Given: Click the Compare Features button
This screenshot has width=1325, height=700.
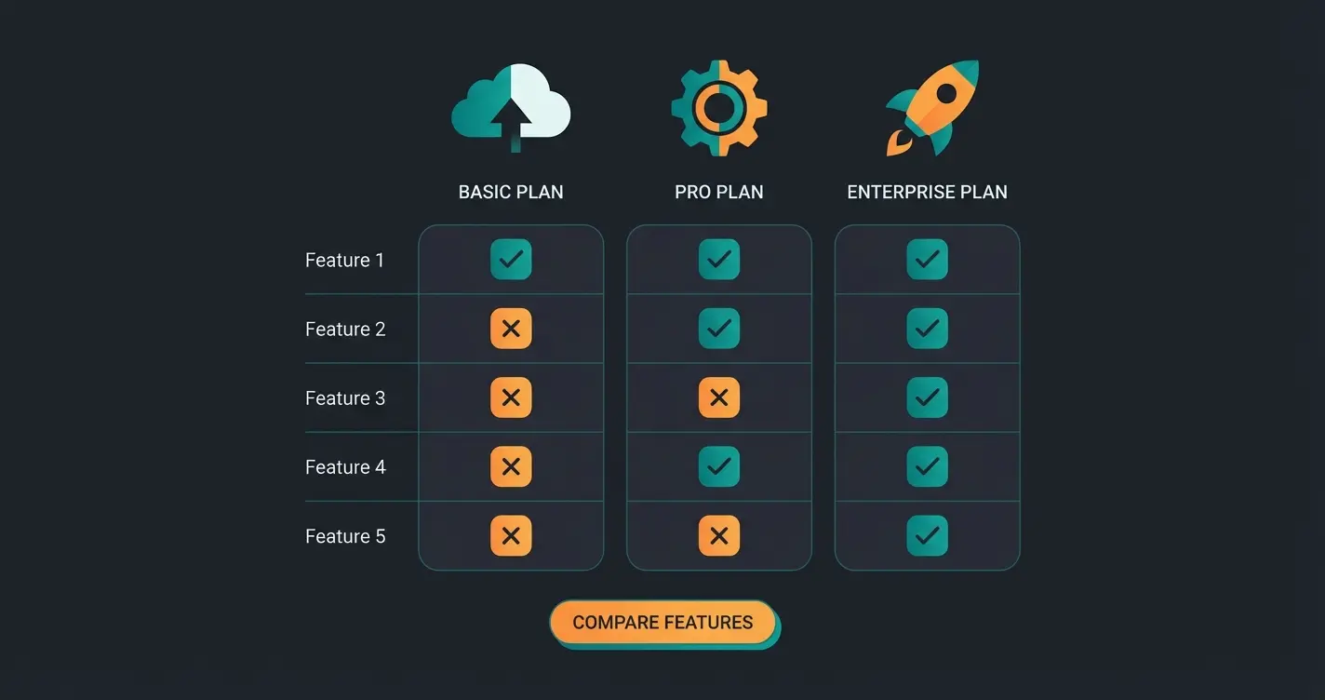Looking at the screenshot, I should tap(662, 623).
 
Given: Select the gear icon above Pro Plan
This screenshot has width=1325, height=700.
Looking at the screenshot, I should tap(719, 108).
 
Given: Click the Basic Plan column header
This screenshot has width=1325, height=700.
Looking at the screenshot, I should tap(511, 193).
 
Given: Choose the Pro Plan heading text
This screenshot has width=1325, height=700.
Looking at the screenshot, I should tap(719, 193).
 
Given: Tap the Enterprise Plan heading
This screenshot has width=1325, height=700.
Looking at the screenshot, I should tap(927, 193).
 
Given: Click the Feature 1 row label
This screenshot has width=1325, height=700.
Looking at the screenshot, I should tap(344, 261).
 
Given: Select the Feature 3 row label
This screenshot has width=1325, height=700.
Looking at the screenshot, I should tap(344, 398).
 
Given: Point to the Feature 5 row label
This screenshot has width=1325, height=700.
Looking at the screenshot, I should tap(344, 536).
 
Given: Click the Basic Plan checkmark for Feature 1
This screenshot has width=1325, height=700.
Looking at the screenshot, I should tap(511, 260).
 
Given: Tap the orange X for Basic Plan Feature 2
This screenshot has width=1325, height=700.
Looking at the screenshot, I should tap(511, 329).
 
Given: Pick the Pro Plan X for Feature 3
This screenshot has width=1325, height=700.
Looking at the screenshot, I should tap(719, 397).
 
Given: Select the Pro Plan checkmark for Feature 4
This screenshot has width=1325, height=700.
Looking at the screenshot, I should tap(719, 466).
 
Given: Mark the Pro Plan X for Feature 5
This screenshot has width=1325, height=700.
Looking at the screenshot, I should tap(719, 535).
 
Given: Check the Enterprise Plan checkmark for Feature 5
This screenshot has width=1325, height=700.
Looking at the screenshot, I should tap(927, 535).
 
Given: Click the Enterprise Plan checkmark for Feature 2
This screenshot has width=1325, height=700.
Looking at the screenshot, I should tap(927, 329).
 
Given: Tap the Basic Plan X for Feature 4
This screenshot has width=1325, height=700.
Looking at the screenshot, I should tap(511, 466).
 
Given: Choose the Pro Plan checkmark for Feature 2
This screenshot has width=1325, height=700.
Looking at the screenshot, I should tap(719, 329).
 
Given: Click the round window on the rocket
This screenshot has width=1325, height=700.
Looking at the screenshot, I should tap(946, 93).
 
